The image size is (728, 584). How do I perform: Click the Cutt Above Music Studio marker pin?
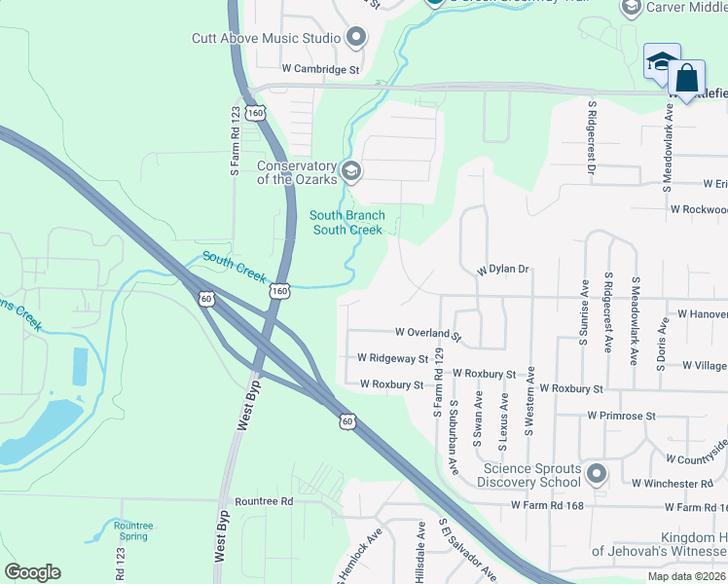pyautogui.click(x=355, y=38)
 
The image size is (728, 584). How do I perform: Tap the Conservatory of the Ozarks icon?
pyautogui.click(x=351, y=172)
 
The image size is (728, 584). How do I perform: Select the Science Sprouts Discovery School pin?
pyautogui.click(x=597, y=475)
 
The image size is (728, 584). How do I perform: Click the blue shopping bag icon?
pyautogui.click(x=686, y=78)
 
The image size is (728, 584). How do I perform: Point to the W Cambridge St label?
pyautogui.click(x=320, y=70)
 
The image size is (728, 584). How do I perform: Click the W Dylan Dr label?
pyautogui.click(x=501, y=270)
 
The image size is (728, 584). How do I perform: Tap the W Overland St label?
pyautogui.click(x=427, y=333)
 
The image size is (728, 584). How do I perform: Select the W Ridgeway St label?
pyautogui.click(x=392, y=359)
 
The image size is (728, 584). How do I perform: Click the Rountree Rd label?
pyautogui.click(x=264, y=501)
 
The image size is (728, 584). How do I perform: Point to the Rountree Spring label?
pyautogui.click(x=132, y=531)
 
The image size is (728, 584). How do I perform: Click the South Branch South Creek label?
pyautogui.click(x=347, y=223)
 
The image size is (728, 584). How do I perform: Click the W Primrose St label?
pyautogui.click(x=622, y=416)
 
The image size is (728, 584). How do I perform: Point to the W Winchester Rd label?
pyautogui.click(x=672, y=484)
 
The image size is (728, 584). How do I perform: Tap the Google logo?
pyautogui.click(x=32, y=572)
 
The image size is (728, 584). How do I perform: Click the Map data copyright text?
pyautogui.click(x=686, y=576)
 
